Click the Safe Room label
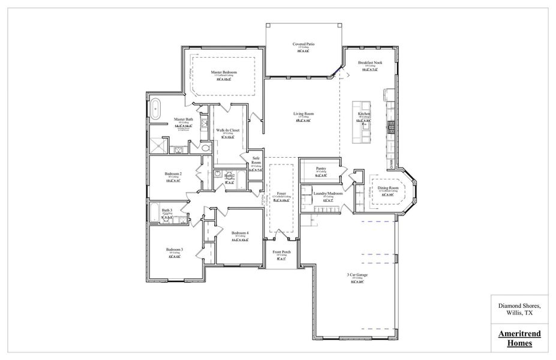click(256, 160)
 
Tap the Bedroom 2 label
click(173, 174)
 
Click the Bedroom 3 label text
click(175, 249)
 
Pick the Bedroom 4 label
click(241, 233)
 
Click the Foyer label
click(281, 194)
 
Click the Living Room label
click(303, 113)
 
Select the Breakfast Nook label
click(370, 62)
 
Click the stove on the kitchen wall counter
click(391, 125)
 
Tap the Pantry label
click(321, 169)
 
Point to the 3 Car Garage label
click(357, 274)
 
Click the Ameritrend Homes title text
click(516, 338)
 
